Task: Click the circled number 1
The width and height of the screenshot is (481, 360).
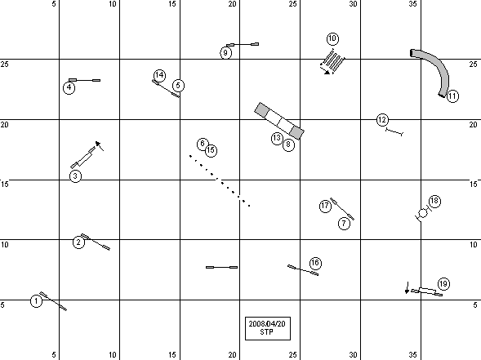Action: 36,301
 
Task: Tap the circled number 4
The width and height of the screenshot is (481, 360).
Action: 69,87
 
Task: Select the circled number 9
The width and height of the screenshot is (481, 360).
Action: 225,53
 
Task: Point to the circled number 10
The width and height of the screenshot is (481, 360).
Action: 332,39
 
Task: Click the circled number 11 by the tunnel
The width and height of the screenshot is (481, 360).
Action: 452,96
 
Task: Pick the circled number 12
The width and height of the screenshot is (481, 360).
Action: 382,120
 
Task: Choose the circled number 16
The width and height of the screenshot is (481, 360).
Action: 315,263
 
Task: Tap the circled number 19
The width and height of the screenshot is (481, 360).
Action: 443,284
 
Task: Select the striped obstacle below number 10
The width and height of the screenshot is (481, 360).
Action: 333,60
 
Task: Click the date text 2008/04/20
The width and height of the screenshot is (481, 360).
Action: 267,324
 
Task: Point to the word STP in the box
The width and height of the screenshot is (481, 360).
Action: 266,331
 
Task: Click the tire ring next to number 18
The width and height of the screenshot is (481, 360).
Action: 423,213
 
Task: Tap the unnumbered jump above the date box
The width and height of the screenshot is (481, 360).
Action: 221,268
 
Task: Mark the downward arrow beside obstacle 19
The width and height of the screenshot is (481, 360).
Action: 407,287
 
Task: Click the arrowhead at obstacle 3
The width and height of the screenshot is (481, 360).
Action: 97,144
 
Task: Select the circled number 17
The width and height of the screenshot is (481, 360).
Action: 325,206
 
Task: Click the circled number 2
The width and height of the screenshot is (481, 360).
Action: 78,242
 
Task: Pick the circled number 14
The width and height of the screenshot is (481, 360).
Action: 159,75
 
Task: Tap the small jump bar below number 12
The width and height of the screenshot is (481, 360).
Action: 394,132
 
